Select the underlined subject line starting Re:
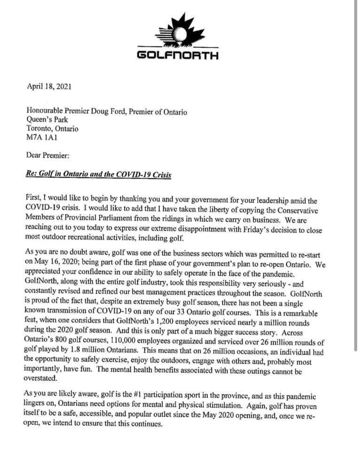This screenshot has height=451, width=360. tap(99, 175)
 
